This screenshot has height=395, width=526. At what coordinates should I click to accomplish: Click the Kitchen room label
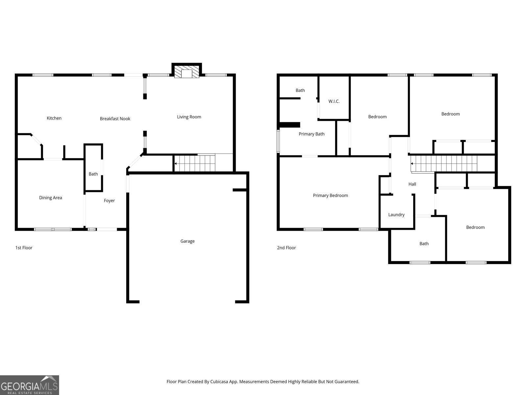point(54,118)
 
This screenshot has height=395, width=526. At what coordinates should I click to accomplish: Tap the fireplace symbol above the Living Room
point(187,72)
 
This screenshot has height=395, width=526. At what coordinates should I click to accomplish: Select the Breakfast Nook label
point(115,118)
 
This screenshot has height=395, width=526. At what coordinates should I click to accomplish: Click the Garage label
point(187,241)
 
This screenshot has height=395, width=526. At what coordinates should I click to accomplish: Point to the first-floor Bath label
point(93,174)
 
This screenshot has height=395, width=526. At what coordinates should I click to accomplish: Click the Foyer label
point(109,200)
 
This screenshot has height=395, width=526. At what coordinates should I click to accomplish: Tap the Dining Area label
point(50,198)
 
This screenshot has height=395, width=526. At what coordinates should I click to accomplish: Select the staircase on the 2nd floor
point(444,164)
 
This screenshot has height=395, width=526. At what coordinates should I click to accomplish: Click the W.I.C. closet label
point(334,101)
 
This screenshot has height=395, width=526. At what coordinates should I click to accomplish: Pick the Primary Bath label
point(311,134)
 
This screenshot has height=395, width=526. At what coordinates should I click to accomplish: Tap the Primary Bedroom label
point(330,196)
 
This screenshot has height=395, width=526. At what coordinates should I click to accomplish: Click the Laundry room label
point(396,215)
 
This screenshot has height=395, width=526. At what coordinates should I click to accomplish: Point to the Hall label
point(412,184)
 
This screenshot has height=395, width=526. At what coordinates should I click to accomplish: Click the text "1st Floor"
point(24,248)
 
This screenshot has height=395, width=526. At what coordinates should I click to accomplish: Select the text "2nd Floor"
point(286,248)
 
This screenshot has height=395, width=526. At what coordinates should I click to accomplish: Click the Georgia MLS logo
point(29,385)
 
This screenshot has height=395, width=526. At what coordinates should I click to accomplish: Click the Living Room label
point(189,117)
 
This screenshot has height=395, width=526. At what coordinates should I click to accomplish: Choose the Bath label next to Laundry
point(424,244)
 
